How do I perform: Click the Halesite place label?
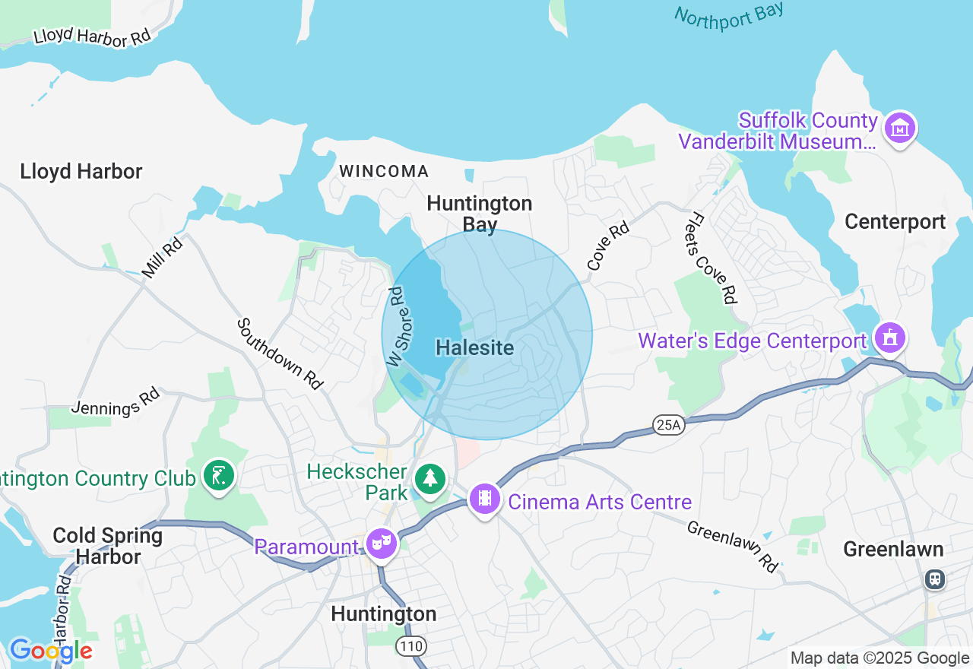click(475, 348)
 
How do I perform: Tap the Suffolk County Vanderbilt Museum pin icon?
click(900, 130)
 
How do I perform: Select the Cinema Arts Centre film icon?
click(485, 500)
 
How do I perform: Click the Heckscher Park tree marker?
click(431, 478)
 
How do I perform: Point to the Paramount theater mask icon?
click(380, 544)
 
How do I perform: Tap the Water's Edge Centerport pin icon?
click(889, 337)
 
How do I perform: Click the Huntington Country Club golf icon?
click(219, 477)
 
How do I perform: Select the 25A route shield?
click(668, 425)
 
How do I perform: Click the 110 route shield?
click(410, 646)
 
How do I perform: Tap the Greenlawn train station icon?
click(935, 579)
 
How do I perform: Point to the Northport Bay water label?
click(728, 14)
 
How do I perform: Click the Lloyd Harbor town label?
click(81, 171)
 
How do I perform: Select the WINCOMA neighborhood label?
click(384, 171)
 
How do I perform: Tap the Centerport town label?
click(895, 222)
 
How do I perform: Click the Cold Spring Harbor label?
click(108, 546)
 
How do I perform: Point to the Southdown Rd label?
click(280, 354)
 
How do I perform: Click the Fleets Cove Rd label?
click(715, 258)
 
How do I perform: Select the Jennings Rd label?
click(116, 402)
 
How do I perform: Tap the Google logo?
click(50, 651)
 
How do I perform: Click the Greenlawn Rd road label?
click(733, 546)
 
